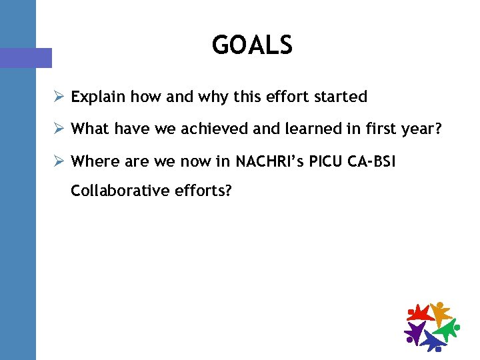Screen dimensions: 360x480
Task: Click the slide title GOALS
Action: [x=252, y=45]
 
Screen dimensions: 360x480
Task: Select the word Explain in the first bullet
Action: [x=98, y=97]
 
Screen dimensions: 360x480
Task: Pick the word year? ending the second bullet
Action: [x=423, y=129]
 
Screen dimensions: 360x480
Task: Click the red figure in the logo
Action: [x=419, y=313]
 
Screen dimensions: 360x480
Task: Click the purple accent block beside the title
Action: [x=26, y=58]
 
